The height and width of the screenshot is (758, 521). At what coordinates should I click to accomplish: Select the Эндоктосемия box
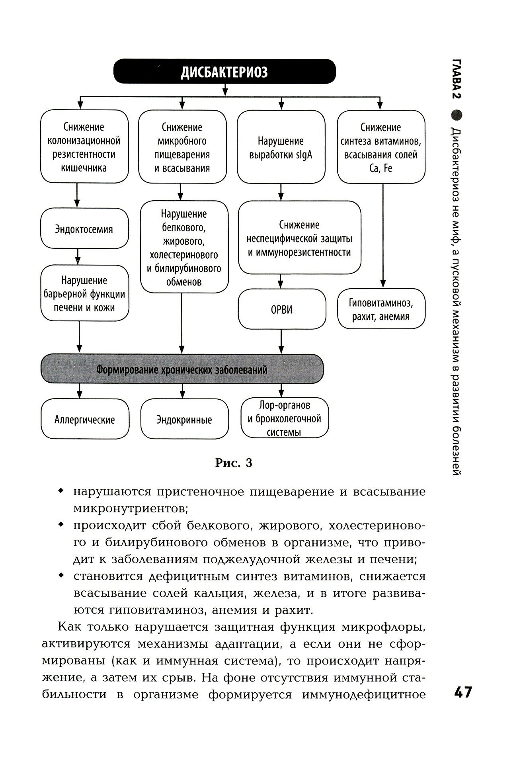[84, 229]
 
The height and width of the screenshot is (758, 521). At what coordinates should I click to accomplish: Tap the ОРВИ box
[282, 309]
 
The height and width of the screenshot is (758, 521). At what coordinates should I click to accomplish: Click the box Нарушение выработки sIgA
[281, 147]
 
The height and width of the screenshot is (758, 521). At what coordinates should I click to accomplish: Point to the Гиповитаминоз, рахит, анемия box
[381, 309]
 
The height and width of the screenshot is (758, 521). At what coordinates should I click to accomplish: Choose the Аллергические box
[85, 420]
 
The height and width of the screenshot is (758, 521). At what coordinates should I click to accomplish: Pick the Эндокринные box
[184, 420]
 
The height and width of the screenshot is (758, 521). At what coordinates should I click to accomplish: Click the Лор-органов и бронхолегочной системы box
[285, 419]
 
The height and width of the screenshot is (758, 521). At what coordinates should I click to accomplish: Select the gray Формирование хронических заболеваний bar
[182, 369]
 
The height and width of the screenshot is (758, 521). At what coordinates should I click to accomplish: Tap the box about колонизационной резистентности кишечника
[84, 147]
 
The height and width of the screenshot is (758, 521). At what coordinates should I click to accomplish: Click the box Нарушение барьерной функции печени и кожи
[84, 294]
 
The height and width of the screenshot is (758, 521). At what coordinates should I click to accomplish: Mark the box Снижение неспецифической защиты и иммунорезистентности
[299, 238]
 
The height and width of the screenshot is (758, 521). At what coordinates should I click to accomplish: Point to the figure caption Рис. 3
[234, 463]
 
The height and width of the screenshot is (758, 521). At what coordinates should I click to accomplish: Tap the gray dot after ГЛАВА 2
[457, 115]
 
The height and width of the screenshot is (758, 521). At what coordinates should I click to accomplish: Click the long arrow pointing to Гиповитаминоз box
[382, 235]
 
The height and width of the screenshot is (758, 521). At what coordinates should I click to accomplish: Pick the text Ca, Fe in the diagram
[381, 168]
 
